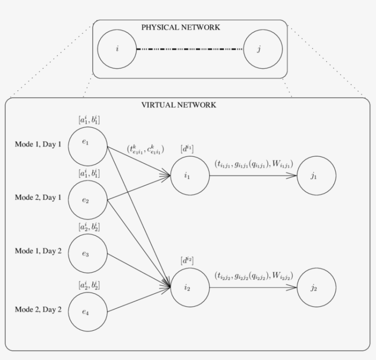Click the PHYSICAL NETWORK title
[x=180, y=28]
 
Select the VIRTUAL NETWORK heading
[x=178, y=105]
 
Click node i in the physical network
[x=117, y=49]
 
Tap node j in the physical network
[x=263, y=49]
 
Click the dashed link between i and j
[x=190, y=49]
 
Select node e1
[x=88, y=143]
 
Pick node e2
[x=88, y=200]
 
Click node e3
[x=88, y=254]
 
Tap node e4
[x=88, y=311]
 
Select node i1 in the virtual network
[x=190, y=176]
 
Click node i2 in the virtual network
[x=190, y=287]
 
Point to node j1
[x=316, y=176]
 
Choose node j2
[x=316, y=288]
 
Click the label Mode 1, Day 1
[x=38, y=144]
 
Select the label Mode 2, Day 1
[x=38, y=198]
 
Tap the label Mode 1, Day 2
[x=38, y=251]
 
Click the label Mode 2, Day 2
[x=38, y=310]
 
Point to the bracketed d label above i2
[x=187, y=261]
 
